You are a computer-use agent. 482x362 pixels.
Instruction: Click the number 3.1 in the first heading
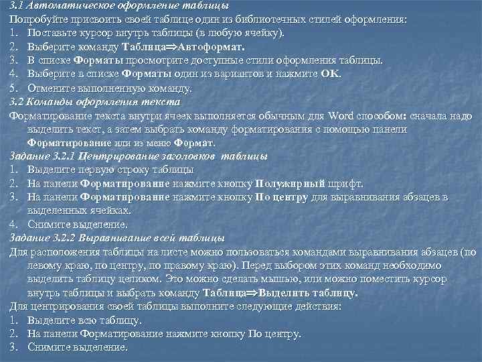click(17, 5)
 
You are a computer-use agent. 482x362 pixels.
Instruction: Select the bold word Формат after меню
click(194, 142)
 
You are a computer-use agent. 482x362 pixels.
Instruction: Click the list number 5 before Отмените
click(13, 88)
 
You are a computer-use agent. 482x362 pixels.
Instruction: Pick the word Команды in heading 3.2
click(50, 102)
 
